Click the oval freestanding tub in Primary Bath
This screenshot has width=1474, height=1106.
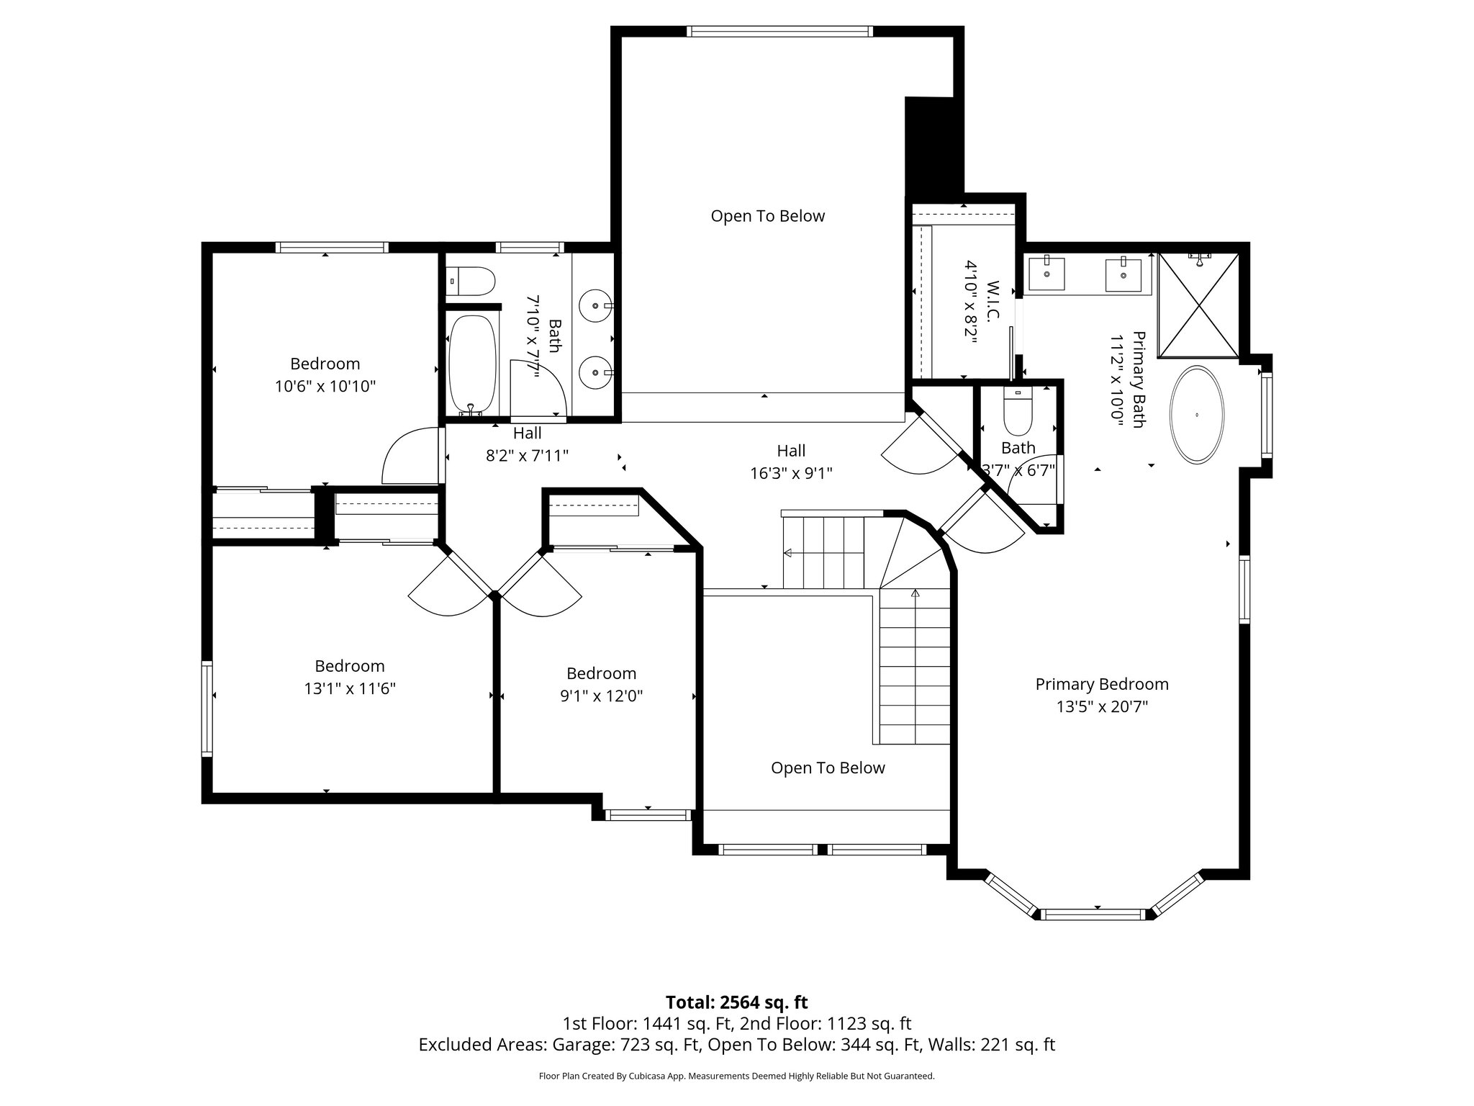pyautogui.click(x=1196, y=415)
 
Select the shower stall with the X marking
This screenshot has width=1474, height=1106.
pyautogui.click(x=1198, y=305)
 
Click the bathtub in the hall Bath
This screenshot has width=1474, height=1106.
pyautogui.click(x=472, y=364)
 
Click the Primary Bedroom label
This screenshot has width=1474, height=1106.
pyautogui.click(x=1101, y=684)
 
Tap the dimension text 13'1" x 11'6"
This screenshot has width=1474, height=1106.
pyautogui.click(x=350, y=688)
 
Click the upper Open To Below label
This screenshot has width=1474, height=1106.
pyautogui.click(x=767, y=216)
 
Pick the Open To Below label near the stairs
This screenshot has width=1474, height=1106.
pyautogui.click(x=828, y=768)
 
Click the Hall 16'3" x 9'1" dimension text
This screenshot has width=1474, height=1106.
pyautogui.click(x=791, y=473)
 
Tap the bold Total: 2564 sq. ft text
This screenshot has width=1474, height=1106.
pyautogui.click(x=736, y=1002)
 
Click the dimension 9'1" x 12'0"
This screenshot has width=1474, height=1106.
pyautogui.click(x=601, y=696)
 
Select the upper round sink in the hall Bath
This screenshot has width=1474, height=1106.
pyautogui.click(x=596, y=305)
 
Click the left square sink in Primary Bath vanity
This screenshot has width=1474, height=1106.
pyautogui.click(x=1046, y=274)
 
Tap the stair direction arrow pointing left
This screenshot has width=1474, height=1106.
pyautogui.click(x=787, y=553)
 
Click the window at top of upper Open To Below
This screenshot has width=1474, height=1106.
pyautogui.click(x=779, y=31)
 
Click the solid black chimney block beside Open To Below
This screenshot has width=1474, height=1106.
pyautogui.click(x=933, y=148)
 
